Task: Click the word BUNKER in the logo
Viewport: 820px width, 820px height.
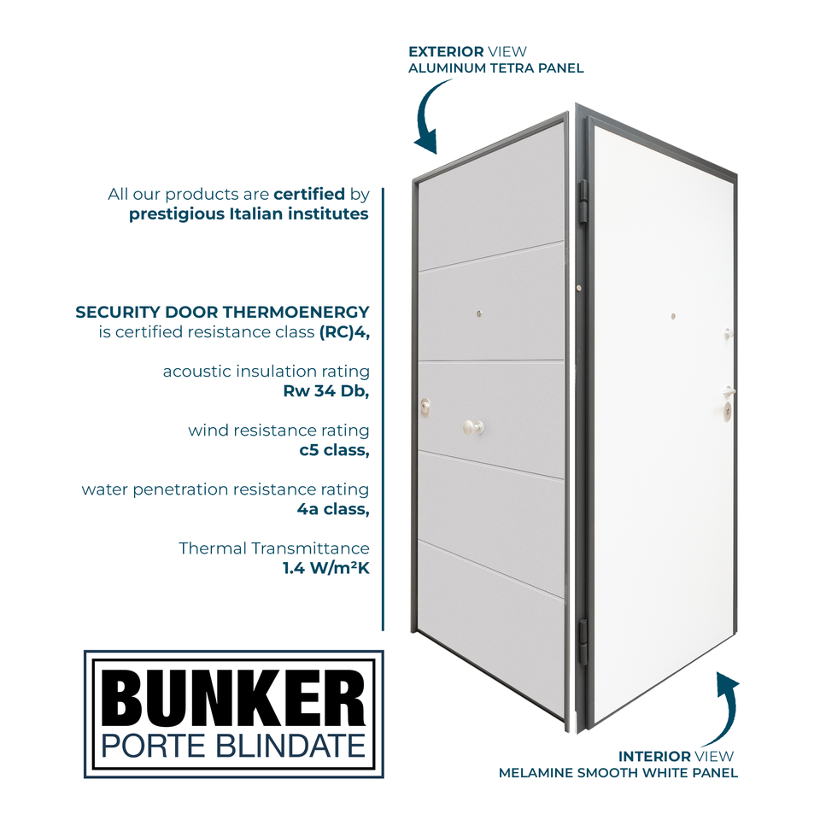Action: pyautogui.click(x=233, y=699)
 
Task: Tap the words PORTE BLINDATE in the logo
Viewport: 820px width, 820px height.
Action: pyautogui.click(x=233, y=745)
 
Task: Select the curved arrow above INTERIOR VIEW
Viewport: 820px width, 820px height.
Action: pyautogui.click(x=724, y=709)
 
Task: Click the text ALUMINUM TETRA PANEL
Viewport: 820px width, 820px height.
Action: pyautogui.click(x=495, y=68)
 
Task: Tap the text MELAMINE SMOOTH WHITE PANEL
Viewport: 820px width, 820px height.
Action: pyautogui.click(x=618, y=773)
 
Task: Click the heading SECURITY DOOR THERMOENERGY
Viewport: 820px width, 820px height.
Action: pyautogui.click(x=222, y=312)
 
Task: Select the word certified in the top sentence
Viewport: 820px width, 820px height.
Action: pyautogui.click(x=309, y=194)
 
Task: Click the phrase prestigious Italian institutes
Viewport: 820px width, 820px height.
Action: pyautogui.click(x=249, y=214)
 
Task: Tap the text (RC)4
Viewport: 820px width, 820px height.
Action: pyautogui.click(x=344, y=332)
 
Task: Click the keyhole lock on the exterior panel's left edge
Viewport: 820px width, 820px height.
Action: pyautogui.click(x=425, y=406)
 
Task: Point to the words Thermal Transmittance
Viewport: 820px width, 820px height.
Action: pyautogui.click(x=274, y=548)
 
